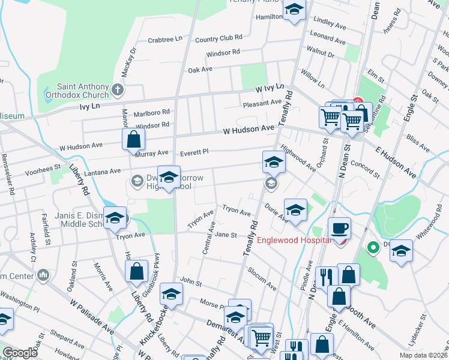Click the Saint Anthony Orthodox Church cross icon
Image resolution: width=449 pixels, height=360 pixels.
[x=118, y=91]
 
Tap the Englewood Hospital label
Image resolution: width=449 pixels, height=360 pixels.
[x=294, y=241]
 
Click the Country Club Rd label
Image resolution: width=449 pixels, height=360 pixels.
[x=218, y=39]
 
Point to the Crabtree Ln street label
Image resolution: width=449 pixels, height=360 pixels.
[x=165, y=40]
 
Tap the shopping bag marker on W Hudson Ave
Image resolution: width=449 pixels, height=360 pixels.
[x=133, y=140]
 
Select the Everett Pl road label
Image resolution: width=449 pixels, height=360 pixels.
[x=194, y=152]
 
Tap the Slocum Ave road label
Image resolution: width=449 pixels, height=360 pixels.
[x=261, y=278]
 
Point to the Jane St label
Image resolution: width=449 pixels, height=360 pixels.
[x=226, y=235]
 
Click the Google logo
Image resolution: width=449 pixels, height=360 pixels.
[x=20, y=352]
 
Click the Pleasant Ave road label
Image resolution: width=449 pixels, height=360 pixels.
[x=262, y=103]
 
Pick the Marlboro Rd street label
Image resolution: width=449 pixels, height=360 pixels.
[x=152, y=112]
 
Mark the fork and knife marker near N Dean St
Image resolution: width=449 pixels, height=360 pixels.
[x=326, y=277]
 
